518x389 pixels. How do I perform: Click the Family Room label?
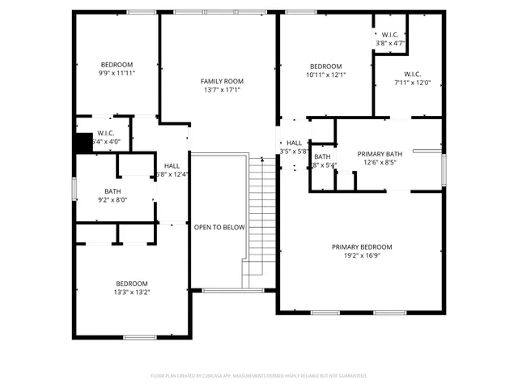click(x=222, y=81)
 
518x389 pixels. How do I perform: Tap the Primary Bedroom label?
click(x=362, y=247)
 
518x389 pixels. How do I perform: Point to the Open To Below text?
click(x=219, y=228)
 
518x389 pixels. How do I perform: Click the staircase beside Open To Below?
click(x=258, y=219)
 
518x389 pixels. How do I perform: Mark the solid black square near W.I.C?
click(x=83, y=143)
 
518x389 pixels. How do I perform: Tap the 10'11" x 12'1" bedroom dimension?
click(x=326, y=75)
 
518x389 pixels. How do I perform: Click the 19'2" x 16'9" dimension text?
click(x=362, y=255)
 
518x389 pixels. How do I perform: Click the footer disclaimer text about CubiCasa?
click(x=259, y=376)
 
